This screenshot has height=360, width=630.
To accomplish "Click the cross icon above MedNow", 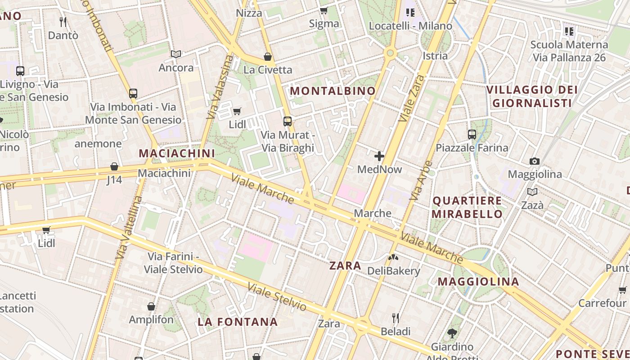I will pos(379,156).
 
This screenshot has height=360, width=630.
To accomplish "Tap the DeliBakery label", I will pos(393,271).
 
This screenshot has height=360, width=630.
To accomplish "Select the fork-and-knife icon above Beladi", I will pos(396,318).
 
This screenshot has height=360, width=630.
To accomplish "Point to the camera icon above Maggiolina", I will pos(535,161).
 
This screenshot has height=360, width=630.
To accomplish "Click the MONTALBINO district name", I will pos(333,91).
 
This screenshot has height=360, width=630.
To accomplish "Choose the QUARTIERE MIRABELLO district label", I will pos(467,207).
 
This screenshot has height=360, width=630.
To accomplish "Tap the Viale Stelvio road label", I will pos(277,297).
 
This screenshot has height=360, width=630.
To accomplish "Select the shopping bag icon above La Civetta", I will pos(268,57).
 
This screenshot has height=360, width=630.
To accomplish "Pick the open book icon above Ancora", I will pos(176,54).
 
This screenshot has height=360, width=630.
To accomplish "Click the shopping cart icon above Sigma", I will pos(324,10).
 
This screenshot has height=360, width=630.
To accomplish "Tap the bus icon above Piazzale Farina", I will pos(472,134).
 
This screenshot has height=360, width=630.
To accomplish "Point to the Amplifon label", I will pos(151,320).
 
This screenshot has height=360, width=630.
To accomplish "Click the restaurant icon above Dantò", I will pos(63,22).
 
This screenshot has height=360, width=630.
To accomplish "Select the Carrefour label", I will pos(602,303).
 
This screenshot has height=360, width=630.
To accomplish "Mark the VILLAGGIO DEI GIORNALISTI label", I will pos(532,96).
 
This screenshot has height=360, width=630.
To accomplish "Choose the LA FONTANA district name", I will pos(238,322).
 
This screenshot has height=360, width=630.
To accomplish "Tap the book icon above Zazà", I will pos(532,192).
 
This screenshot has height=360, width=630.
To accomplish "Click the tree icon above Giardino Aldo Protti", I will pos(452,333).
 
